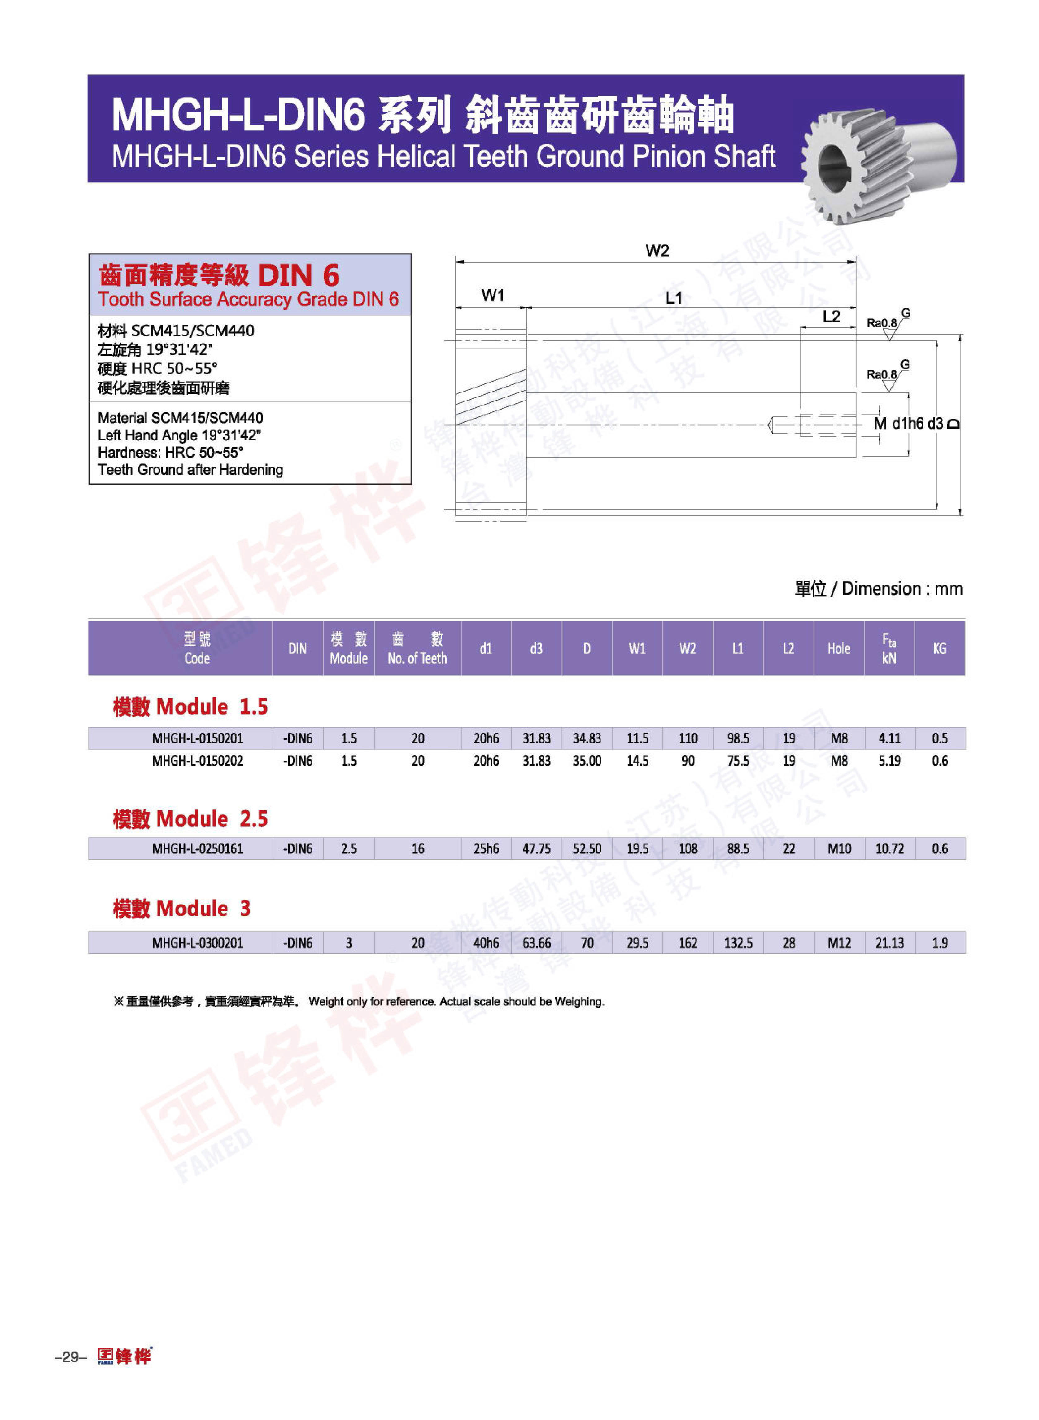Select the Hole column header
[838, 649]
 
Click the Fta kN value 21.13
[889, 942]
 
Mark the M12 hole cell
[838, 942]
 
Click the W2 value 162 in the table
[688, 942]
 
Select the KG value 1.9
[940, 942]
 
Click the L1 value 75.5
[738, 760]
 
